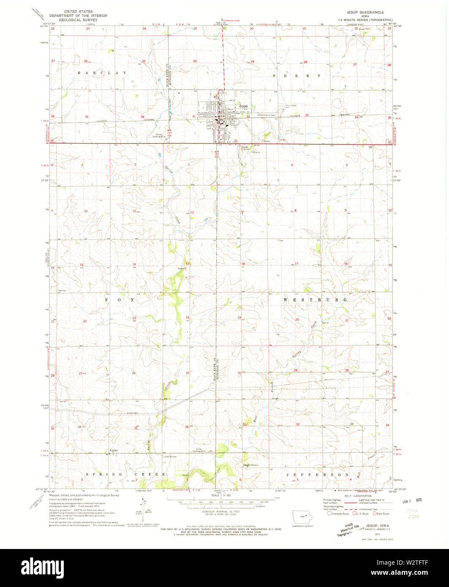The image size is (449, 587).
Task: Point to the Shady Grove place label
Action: pyautogui.click(x=250, y=465)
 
